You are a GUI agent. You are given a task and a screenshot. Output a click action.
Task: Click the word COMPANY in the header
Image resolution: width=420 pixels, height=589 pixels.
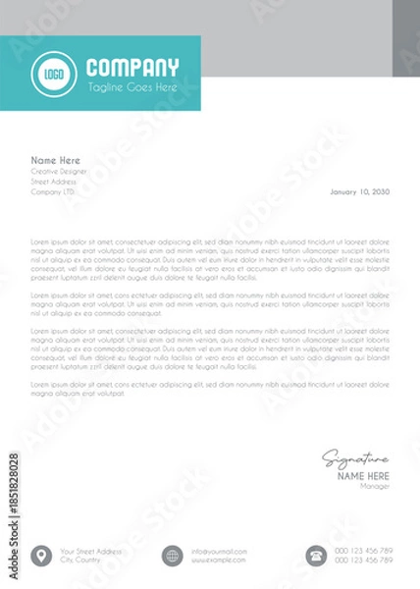point(132,68)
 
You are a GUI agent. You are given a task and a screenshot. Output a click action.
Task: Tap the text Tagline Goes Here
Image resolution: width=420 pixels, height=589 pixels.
point(132,87)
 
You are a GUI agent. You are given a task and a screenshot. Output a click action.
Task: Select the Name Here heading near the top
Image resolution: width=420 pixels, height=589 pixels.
point(55,160)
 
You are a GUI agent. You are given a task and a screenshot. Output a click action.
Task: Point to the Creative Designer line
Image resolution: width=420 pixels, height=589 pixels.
point(60,171)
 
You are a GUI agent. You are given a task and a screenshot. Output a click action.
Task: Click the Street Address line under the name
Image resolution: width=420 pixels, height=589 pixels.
point(53,182)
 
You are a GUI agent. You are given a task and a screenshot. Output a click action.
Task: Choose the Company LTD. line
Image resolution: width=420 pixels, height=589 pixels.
point(53,191)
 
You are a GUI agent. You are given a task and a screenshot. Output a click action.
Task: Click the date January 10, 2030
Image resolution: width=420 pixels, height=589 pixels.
point(360,191)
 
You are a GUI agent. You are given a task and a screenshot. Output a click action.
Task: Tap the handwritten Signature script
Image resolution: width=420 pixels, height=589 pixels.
point(356,458)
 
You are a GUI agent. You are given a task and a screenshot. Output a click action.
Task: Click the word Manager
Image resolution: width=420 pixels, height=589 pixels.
point(375,486)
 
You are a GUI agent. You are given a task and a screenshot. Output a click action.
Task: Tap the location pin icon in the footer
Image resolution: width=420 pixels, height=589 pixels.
point(41,556)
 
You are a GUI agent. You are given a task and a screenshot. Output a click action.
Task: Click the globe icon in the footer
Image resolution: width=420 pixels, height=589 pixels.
point(173,556)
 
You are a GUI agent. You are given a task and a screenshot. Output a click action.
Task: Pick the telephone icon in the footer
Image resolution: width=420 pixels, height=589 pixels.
point(316,556)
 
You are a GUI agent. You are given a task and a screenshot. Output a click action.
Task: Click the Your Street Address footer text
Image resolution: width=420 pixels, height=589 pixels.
point(90,551)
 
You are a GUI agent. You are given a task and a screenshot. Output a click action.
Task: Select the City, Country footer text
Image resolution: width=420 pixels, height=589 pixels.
point(80,561)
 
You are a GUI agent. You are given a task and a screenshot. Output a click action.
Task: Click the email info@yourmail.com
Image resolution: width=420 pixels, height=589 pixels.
point(219,551)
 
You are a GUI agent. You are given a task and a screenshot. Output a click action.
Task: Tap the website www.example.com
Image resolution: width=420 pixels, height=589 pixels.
point(218,561)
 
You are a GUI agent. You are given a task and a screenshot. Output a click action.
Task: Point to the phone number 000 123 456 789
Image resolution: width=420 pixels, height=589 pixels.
point(363,551)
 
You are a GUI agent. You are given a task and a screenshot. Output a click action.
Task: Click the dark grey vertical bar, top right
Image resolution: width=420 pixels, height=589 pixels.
point(405,37)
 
